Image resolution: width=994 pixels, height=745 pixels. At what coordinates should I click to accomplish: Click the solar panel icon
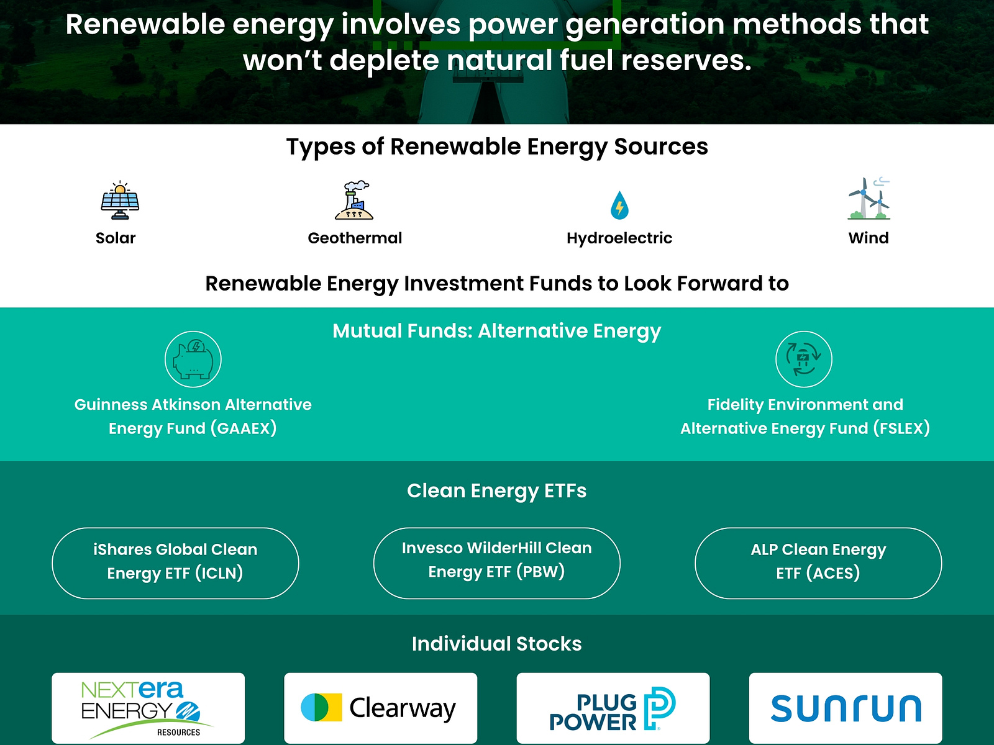(120, 201)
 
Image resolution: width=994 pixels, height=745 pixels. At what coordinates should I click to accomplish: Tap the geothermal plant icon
(354, 201)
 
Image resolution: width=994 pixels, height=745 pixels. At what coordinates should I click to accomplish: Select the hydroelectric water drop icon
(619, 205)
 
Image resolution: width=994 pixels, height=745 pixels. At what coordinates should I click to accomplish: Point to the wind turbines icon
(869, 199)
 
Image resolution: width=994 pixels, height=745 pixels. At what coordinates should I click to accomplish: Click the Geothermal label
(355, 238)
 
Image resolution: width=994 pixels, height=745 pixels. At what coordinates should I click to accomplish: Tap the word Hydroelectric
(619, 238)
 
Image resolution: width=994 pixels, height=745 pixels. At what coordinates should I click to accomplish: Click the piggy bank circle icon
(193, 359)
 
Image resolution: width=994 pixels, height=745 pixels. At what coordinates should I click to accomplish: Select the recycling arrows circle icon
(804, 359)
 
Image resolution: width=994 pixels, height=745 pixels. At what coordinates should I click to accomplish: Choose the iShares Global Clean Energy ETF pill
(175, 563)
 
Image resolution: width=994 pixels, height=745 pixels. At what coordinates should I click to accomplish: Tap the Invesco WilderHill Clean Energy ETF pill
(496, 563)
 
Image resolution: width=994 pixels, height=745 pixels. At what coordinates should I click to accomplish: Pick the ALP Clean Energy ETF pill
(818, 563)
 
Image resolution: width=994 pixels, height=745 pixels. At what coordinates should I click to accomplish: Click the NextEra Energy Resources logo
(148, 708)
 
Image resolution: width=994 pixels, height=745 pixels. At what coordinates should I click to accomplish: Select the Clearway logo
(380, 708)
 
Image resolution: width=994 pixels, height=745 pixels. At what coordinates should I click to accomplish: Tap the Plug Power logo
(613, 708)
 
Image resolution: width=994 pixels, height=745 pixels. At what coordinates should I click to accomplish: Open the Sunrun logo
(846, 708)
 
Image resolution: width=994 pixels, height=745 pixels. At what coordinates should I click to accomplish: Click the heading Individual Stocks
(496, 644)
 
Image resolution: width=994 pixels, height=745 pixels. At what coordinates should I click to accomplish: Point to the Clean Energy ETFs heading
(496, 490)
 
